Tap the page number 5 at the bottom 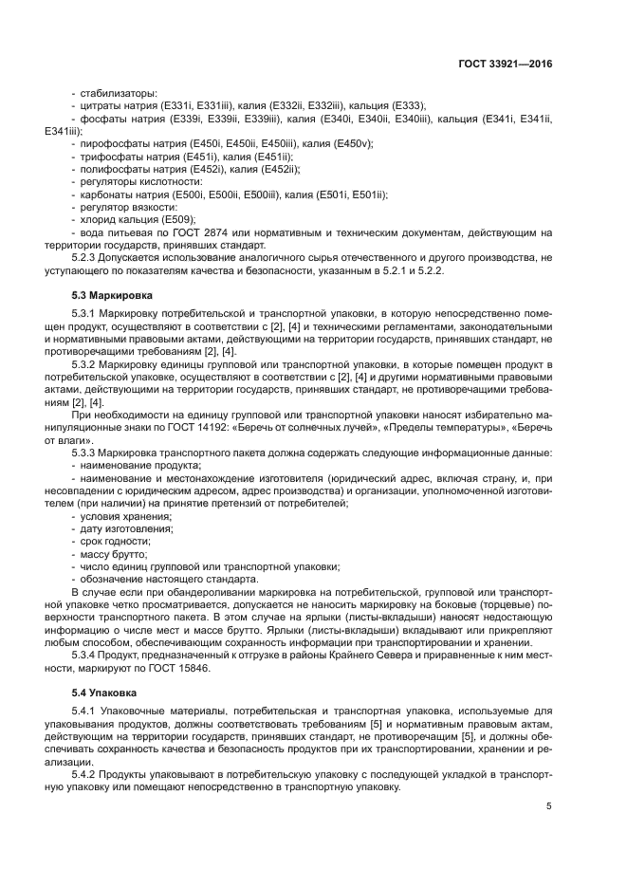(548, 806)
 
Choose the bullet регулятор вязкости (128, 207)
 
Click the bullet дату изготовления (123, 527)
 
